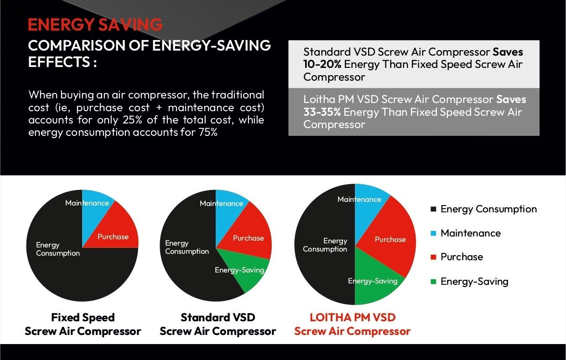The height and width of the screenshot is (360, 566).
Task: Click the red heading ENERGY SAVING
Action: click(x=95, y=25)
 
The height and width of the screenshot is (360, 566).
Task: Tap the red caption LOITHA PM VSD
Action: click(x=353, y=317)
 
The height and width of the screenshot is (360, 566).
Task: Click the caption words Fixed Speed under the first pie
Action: click(x=83, y=317)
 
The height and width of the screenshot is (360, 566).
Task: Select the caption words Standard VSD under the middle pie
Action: click(x=218, y=317)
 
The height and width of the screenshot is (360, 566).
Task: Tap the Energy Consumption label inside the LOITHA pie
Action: click(x=325, y=245)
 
